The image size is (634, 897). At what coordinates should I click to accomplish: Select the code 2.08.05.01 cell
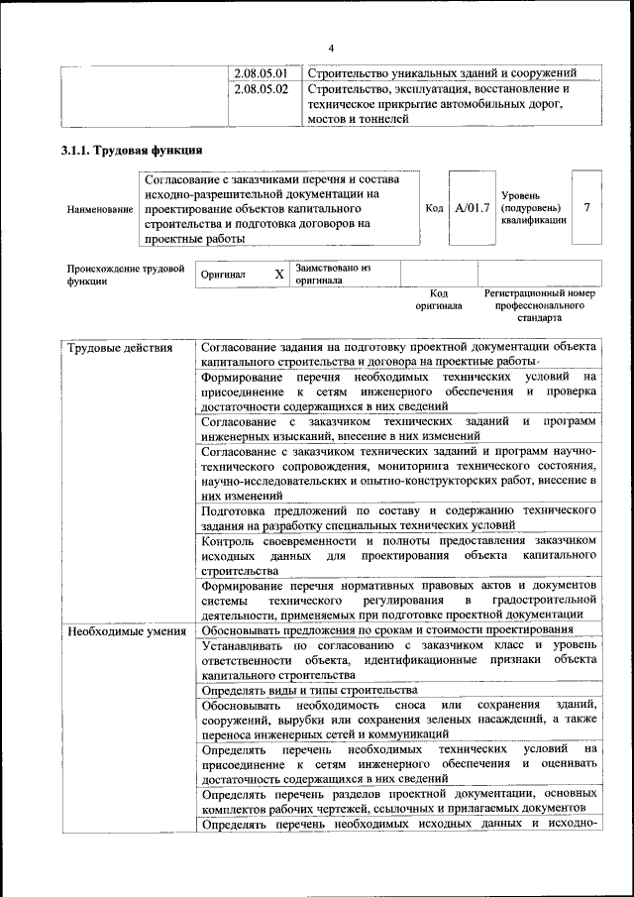pyautogui.click(x=262, y=73)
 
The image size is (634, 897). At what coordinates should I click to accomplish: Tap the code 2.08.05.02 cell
pyautogui.click(x=262, y=89)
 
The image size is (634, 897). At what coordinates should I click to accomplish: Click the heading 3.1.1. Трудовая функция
pyautogui.click(x=132, y=150)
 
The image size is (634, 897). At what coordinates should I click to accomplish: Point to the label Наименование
pyautogui.click(x=100, y=209)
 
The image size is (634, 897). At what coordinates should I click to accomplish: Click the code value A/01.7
pyautogui.click(x=473, y=208)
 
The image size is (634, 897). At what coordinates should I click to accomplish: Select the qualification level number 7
pyautogui.click(x=587, y=208)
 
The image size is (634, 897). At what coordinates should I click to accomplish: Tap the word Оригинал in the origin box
pyautogui.click(x=223, y=275)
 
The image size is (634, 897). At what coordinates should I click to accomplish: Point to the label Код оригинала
pyautogui.click(x=439, y=300)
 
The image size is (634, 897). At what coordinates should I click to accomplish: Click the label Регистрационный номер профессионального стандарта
pyautogui.click(x=539, y=306)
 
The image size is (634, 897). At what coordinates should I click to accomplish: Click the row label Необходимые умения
pyautogui.click(x=125, y=630)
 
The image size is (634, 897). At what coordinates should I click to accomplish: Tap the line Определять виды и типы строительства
pyautogui.click(x=309, y=690)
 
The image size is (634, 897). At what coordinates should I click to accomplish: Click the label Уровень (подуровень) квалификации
pyautogui.click(x=534, y=208)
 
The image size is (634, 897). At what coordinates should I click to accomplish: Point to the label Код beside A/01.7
pyautogui.click(x=434, y=208)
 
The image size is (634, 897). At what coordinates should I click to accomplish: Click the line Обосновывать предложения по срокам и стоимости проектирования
pyautogui.click(x=386, y=630)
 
